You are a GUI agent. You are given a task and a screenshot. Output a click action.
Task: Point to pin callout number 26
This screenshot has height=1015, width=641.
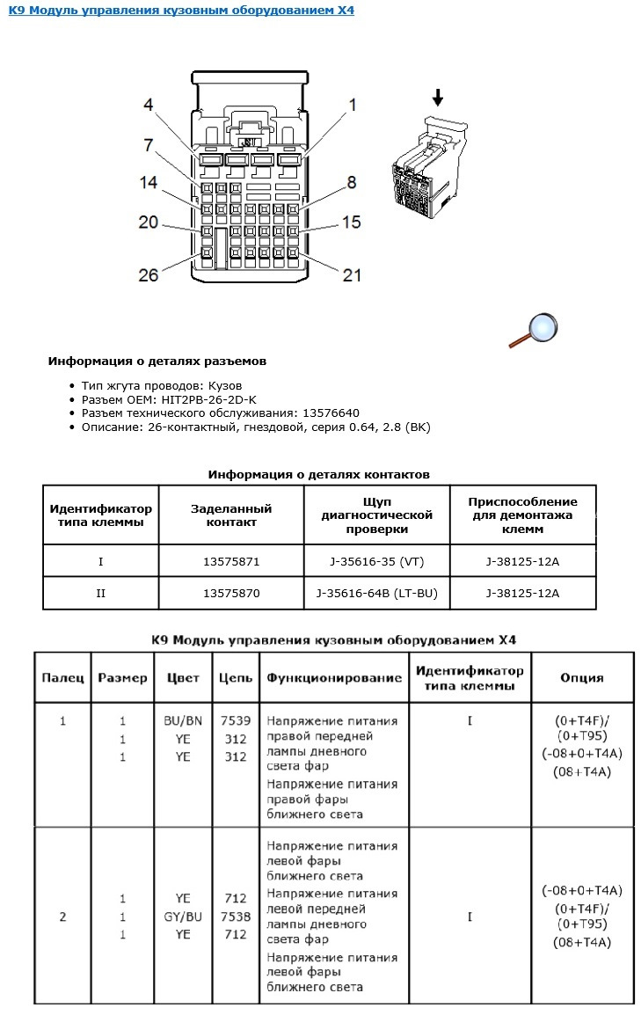pos(149,274)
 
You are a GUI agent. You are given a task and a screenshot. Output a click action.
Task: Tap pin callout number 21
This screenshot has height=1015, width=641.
pos(352,275)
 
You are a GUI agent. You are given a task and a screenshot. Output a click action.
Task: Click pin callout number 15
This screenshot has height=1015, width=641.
pos(351,223)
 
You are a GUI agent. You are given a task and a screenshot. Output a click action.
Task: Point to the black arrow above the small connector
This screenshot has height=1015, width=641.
pos(437,97)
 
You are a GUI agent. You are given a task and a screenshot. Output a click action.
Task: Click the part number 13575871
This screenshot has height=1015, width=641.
pos(231,559)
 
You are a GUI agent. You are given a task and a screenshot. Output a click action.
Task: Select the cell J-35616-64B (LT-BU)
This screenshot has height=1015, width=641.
pos(377,593)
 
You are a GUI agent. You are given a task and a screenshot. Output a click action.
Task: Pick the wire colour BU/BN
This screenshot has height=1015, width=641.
pos(183,721)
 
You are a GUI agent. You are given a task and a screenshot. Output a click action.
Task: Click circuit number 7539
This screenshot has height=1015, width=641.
pos(235,721)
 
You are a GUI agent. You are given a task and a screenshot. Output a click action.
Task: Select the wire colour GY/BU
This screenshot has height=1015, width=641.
pos(183,916)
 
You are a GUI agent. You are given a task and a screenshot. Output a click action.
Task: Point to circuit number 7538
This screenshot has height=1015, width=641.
pos(235,916)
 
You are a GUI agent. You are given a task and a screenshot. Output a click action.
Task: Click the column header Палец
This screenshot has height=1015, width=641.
pos(62,678)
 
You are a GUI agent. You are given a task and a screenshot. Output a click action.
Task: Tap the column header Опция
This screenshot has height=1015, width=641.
pos(581,678)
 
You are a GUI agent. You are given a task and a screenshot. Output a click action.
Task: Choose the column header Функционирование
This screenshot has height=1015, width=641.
pos(333,678)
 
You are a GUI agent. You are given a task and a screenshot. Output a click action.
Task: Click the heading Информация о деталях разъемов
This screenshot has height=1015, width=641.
pos(157,361)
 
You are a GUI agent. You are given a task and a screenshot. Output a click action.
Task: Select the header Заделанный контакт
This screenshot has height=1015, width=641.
pos(231,515)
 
